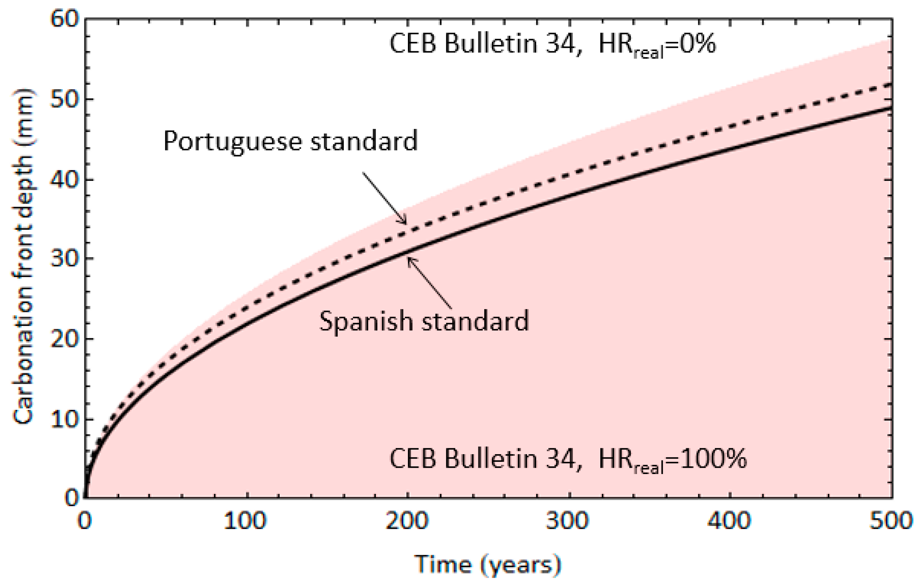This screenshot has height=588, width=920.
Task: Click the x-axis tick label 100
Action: pos(245,521)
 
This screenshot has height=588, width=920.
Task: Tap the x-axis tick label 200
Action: pos(407,521)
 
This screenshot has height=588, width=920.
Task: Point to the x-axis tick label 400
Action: pos(729,521)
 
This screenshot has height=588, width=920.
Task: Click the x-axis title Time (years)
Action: pos(488,565)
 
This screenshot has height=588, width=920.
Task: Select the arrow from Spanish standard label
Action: pos(429,283)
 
